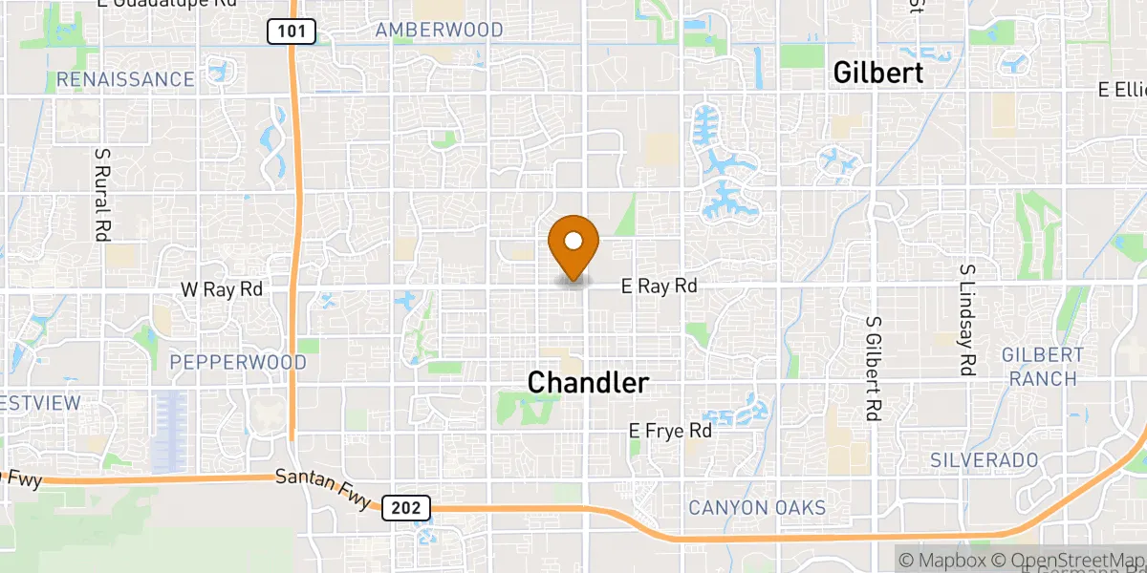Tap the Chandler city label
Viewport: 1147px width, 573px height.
click(588, 383)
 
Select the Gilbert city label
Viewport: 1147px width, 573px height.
click(878, 73)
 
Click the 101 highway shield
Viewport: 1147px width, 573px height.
click(292, 32)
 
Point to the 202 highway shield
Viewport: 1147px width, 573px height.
click(406, 508)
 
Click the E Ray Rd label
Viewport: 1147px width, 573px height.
click(659, 286)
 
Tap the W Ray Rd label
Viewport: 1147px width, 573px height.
click(221, 289)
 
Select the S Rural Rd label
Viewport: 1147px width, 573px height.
click(101, 193)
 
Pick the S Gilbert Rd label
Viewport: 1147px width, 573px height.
click(873, 369)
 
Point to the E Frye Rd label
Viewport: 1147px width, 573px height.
click(670, 432)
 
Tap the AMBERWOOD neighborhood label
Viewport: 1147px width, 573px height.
click(439, 30)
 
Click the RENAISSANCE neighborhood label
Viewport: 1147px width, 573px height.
click(125, 79)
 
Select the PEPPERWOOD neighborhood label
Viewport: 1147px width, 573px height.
click(238, 363)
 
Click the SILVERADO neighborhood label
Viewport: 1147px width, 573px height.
click(984, 460)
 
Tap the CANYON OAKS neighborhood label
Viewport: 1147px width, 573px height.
click(756, 508)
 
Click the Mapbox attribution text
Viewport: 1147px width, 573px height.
click(941, 559)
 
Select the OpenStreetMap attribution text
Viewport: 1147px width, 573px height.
click(1068, 559)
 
